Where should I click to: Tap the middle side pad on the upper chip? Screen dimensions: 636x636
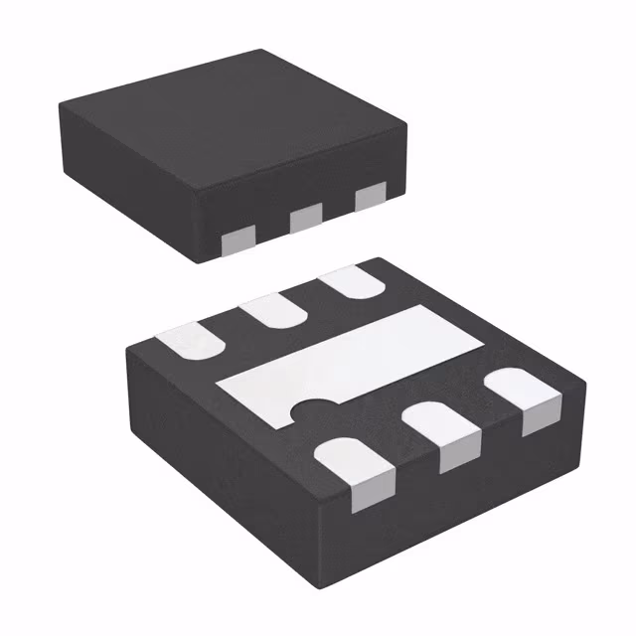click(306, 216)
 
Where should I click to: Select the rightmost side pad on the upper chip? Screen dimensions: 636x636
click(370, 197)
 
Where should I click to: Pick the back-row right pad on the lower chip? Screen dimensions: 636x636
click(354, 282)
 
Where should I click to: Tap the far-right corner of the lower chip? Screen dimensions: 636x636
click(581, 378)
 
